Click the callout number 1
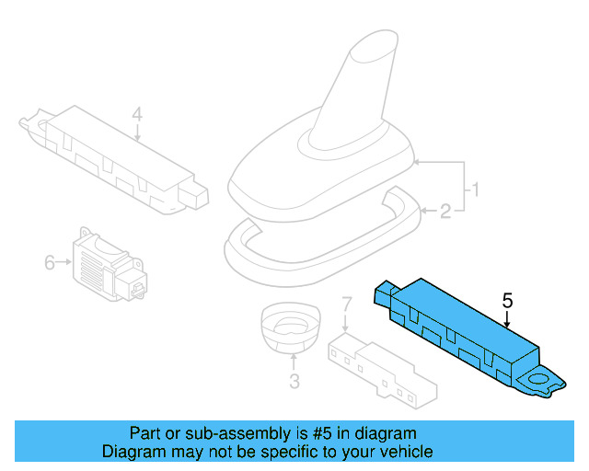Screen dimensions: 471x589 point(476,191)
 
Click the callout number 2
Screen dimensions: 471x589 point(445,213)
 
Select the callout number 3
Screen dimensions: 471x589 point(294,382)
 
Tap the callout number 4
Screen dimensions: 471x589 point(137,115)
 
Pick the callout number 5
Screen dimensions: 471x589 point(506,300)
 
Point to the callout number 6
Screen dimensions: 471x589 point(50,263)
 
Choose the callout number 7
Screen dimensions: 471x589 point(346,303)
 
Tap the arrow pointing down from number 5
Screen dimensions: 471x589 point(506,319)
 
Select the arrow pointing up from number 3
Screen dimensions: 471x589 point(294,362)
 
